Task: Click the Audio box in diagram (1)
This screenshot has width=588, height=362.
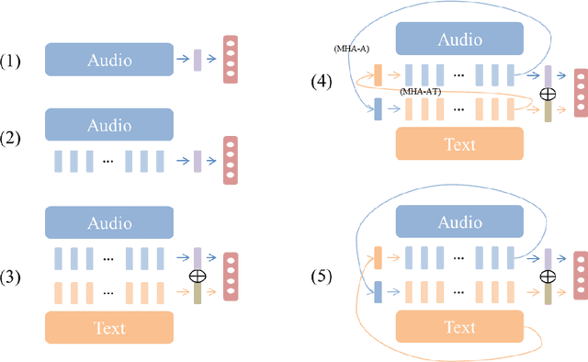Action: (x=108, y=61)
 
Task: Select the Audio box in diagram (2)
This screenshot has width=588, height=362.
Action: (x=108, y=124)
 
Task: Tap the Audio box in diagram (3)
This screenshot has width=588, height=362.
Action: (x=108, y=223)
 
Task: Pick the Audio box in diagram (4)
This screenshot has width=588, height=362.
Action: (x=458, y=40)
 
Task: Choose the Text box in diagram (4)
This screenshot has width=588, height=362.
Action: (x=458, y=144)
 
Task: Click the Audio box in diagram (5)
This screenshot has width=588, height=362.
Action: (x=458, y=223)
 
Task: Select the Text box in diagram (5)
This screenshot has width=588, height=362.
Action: (x=458, y=328)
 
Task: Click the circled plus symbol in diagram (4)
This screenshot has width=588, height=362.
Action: (x=548, y=94)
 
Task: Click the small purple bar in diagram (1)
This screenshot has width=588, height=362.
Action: (x=198, y=61)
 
